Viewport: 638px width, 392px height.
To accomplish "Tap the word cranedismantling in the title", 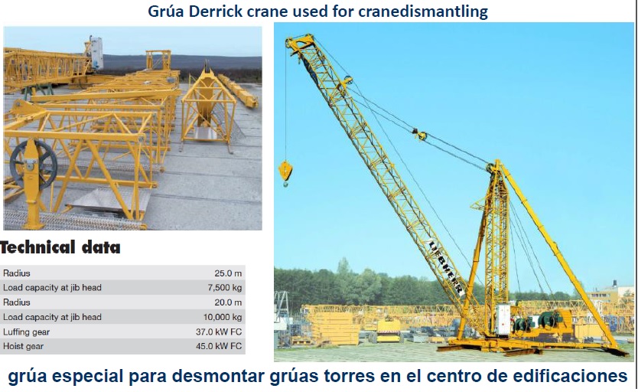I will coord(423,12).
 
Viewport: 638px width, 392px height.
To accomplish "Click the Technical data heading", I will coord(60,247).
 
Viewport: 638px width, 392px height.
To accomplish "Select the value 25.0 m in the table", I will coord(229,273).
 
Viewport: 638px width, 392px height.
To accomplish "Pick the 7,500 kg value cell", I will coord(224,288).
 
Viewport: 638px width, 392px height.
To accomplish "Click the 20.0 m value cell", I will coord(229,302).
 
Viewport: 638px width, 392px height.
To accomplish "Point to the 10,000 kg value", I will coord(222,317).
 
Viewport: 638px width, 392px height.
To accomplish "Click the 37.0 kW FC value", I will coord(220,332).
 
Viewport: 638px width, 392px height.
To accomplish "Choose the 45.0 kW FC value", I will coord(220,346).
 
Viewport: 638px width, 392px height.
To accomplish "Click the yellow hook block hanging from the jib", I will coord(285,171).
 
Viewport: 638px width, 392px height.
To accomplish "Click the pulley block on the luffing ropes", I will coord(419,135).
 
